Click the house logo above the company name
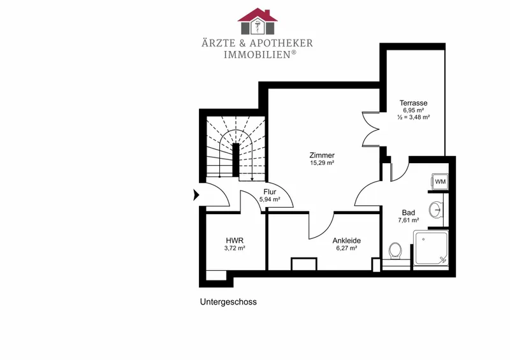(x=258, y=21)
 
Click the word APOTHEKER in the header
(x=282, y=43)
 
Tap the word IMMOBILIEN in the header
(x=257, y=54)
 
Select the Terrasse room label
(x=413, y=103)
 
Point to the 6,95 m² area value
(x=413, y=110)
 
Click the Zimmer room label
(x=322, y=155)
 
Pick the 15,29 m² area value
(x=322, y=162)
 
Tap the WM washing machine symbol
(x=440, y=182)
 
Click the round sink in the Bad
(x=435, y=210)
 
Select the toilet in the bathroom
(x=395, y=251)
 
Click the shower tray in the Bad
(x=431, y=248)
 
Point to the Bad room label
(x=409, y=213)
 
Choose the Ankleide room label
(x=346, y=241)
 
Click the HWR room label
(x=235, y=241)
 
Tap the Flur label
(x=270, y=192)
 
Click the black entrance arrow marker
(x=196, y=195)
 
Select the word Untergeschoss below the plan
(x=228, y=302)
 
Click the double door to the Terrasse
(x=371, y=129)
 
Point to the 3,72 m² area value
(x=235, y=248)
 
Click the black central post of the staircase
(x=236, y=160)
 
